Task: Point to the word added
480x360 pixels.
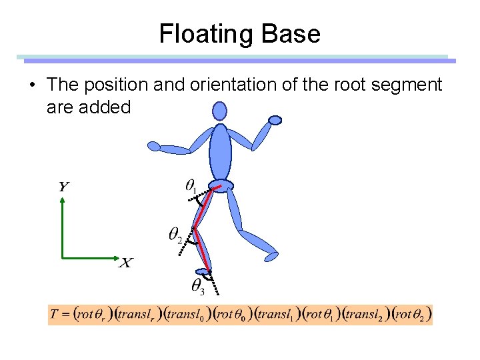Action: pyautogui.click(x=105, y=107)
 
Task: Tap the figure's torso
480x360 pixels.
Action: pyautogui.click(x=220, y=152)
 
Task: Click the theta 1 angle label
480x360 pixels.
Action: pyautogui.click(x=191, y=185)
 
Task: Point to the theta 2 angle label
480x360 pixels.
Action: pyautogui.click(x=175, y=234)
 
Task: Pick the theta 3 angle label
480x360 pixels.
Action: pyautogui.click(x=198, y=287)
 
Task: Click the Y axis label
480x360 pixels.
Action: pyautogui.click(x=63, y=186)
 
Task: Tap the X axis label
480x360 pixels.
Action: pyautogui.click(x=125, y=263)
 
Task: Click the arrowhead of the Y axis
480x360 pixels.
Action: pyautogui.click(x=62, y=202)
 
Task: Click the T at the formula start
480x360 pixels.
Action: pyautogui.click(x=54, y=315)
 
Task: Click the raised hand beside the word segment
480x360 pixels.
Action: pyautogui.click(x=275, y=120)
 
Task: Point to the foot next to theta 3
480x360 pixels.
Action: pyautogui.click(x=202, y=271)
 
